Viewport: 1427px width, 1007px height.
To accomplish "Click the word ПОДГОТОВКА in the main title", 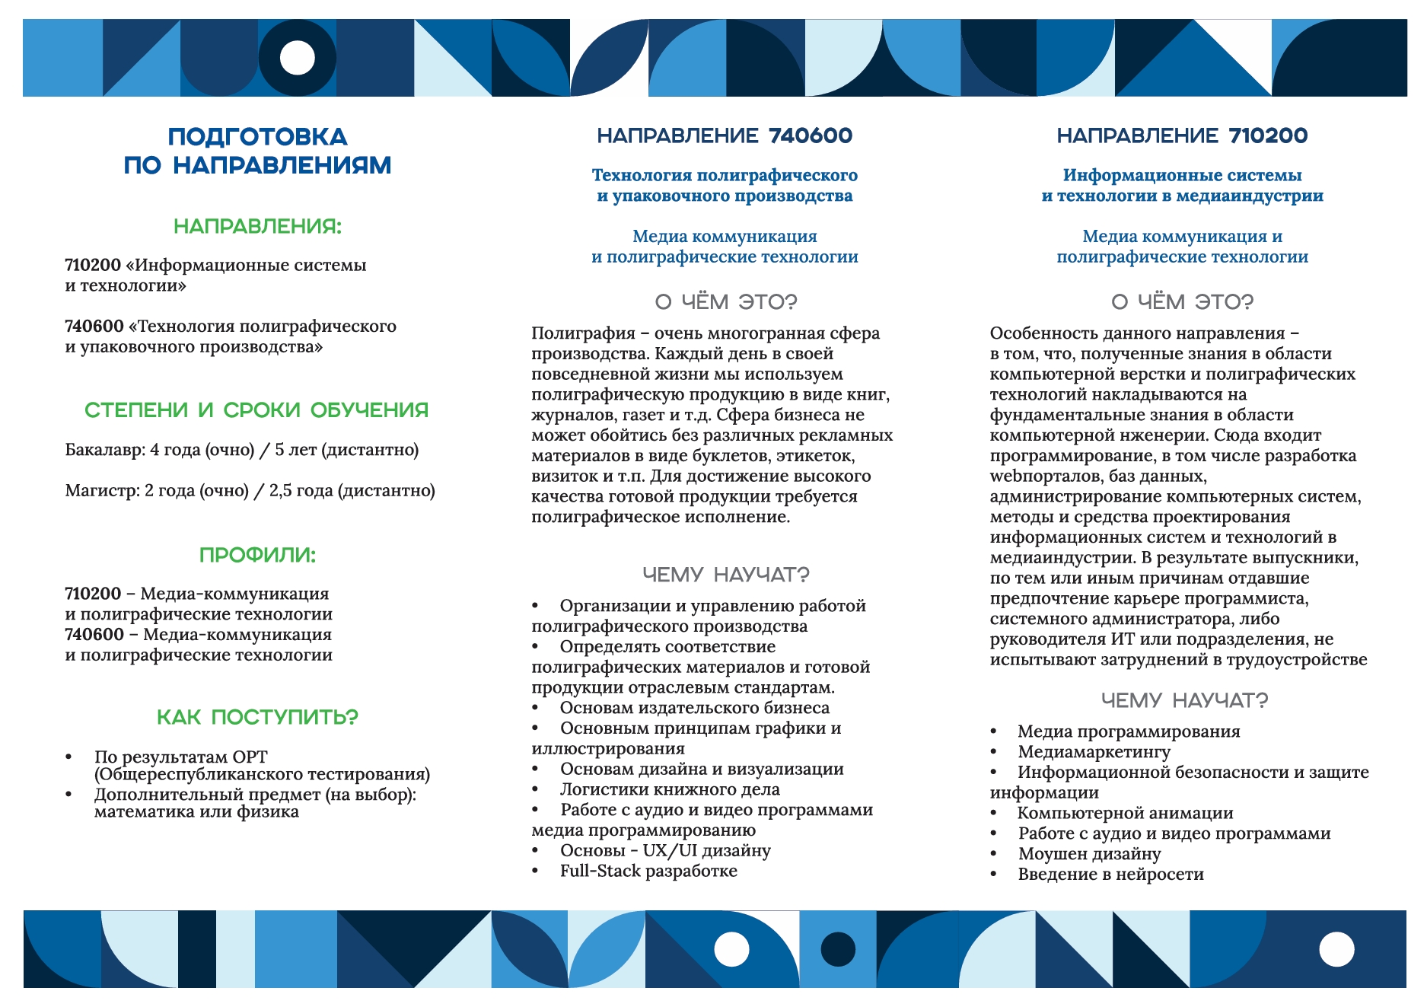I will pyautogui.click(x=257, y=137).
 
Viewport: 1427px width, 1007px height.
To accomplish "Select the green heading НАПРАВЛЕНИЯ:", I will pyautogui.click(x=257, y=226).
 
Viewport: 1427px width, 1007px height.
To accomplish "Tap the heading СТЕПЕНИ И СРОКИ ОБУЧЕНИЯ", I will pyautogui.click(x=256, y=410).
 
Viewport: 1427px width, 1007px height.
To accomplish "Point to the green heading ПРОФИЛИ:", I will pyautogui.click(x=257, y=555).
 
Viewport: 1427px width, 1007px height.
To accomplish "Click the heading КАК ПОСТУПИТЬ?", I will pyautogui.click(x=257, y=717).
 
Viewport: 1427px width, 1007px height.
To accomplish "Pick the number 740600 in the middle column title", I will pyautogui.click(x=811, y=135).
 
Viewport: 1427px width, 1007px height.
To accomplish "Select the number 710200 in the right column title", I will pyautogui.click(x=1268, y=135).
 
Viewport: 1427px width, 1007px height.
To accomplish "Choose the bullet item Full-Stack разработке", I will pyautogui.click(x=648, y=871).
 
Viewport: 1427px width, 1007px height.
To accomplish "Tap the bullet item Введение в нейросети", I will pyautogui.click(x=1110, y=874).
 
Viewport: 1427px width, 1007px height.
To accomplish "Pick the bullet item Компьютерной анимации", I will pyautogui.click(x=1125, y=813).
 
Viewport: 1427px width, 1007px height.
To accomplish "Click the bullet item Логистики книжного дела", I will pyautogui.click(x=670, y=789).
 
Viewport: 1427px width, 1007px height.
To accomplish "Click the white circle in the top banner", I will pyautogui.click(x=298, y=58).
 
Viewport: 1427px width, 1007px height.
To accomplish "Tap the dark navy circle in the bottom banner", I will pyautogui.click(x=838, y=949).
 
